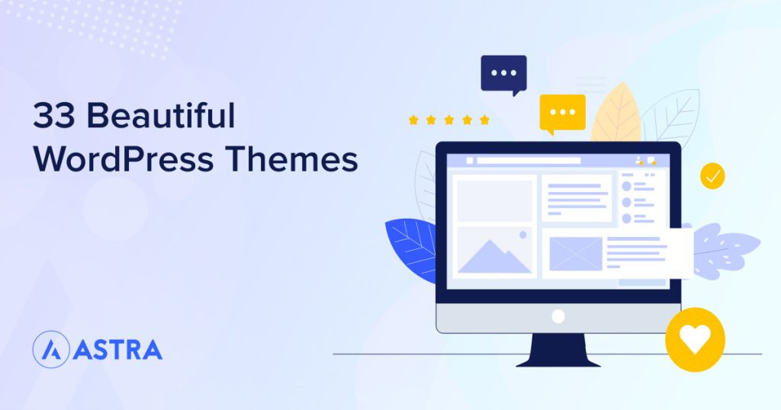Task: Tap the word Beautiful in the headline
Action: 160,117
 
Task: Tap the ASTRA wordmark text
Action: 118,350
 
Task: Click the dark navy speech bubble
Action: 503,74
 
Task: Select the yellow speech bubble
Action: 562,113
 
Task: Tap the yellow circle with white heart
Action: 694,339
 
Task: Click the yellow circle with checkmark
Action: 712,176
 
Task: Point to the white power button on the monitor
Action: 558,316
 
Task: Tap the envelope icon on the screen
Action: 576,254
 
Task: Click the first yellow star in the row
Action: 413,120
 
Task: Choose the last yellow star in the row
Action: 484,120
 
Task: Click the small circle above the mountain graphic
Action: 522,235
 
